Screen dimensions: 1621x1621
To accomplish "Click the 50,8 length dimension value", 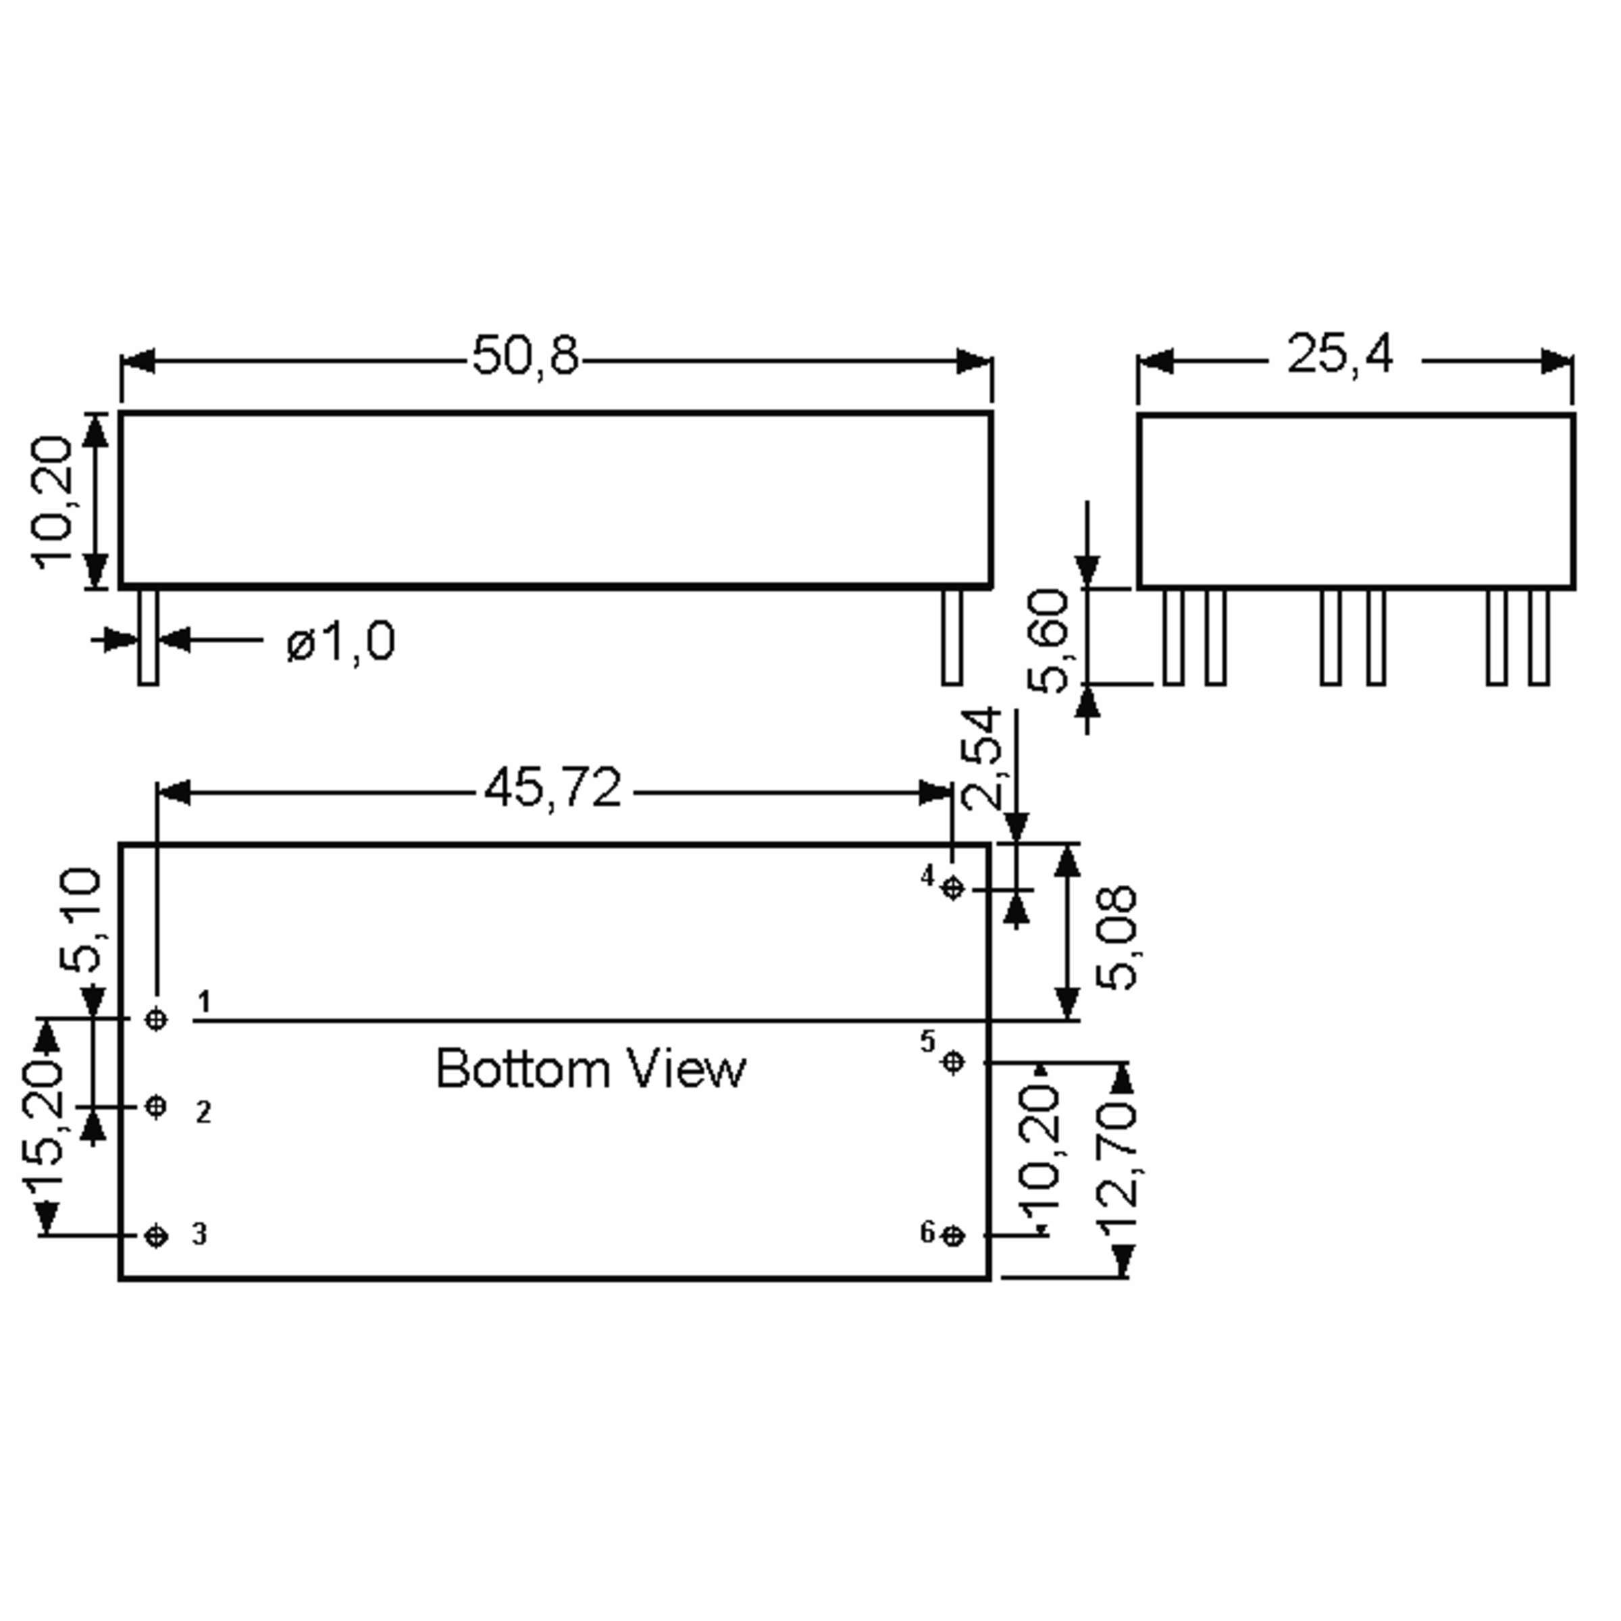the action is tap(525, 355).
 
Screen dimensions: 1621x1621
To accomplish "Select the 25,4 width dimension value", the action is tap(1340, 354).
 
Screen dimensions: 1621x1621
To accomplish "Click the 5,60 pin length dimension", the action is tap(1049, 641).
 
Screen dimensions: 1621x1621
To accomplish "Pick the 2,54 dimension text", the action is tap(981, 758).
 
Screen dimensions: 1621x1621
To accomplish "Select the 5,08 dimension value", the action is tap(1116, 937).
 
